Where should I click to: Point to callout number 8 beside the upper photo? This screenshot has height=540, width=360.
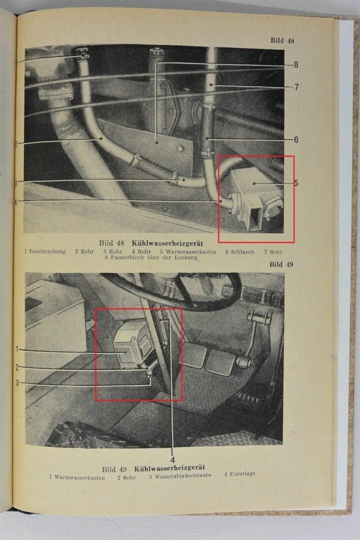click(x=296, y=64)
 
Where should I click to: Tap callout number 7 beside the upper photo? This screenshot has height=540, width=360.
click(x=296, y=87)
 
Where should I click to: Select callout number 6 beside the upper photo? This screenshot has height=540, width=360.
click(x=296, y=140)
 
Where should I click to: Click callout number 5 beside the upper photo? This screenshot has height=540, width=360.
click(x=296, y=183)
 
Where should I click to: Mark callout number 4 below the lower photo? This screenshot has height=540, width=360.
click(x=172, y=459)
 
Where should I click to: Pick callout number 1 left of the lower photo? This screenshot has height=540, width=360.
click(x=17, y=349)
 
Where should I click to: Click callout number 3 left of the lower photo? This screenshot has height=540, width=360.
click(x=17, y=383)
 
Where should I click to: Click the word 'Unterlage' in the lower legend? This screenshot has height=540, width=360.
click(x=242, y=473)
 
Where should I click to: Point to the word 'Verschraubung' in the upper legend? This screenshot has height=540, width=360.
click(x=47, y=251)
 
